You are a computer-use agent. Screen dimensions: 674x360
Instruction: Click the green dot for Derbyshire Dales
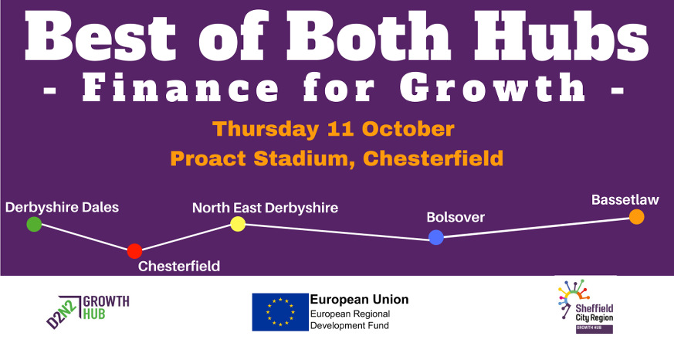(34, 224)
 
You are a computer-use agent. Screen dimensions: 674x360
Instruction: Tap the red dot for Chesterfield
(134, 251)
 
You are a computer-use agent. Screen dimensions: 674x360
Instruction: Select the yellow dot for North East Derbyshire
(238, 224)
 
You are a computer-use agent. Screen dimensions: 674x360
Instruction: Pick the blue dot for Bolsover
(436, 237)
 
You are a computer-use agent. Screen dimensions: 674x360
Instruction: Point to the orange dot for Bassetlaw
(637, 217)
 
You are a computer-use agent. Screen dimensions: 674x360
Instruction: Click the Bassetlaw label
(625, 200)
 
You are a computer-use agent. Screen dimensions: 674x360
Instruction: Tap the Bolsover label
(456, 218)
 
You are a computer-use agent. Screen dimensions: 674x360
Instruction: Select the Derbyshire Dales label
(62, 208)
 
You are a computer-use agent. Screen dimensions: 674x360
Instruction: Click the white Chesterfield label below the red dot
(179, 267)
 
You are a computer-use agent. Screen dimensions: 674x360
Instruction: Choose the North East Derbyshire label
(266, 208)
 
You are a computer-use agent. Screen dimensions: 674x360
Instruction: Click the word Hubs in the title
(561, 36)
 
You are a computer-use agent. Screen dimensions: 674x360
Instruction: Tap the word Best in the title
(100, 36)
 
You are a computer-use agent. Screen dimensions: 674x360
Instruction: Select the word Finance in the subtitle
(181, 88)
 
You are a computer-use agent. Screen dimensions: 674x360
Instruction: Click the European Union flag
(280, 312)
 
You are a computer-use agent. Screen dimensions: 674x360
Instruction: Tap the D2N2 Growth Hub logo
(88, 311)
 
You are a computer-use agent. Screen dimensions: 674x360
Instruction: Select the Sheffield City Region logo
(586, 306)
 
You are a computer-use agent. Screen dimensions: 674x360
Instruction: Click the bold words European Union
(359, 300)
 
